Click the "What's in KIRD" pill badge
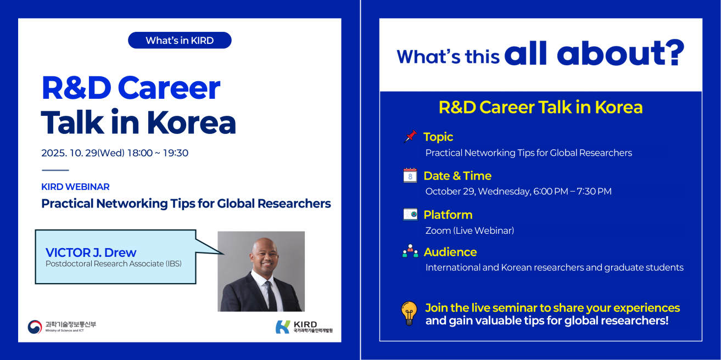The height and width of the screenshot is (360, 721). tap(180, 40)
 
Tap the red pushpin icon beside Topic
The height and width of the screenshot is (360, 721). tap(410, 137)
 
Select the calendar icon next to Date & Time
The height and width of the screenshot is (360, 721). tap(410, 175)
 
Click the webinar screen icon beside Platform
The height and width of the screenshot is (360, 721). tap(410, 214)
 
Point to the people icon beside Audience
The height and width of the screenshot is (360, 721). tap(410, 251)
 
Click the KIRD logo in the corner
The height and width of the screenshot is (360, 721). tap(304, 327)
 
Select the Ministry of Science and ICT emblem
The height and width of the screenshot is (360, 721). tap(35, 327)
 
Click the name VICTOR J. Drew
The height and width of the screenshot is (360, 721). tap(91, 252)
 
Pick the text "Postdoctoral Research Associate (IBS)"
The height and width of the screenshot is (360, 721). tap(114, 264)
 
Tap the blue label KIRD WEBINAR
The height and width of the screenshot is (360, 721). tap(75, 187)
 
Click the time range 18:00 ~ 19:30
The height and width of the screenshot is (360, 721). tap(158, 153)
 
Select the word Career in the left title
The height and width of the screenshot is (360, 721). tap(169, 88)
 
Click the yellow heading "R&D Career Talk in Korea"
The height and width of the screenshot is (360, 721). tap(540, 107)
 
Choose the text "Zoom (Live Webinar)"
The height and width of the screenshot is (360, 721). tap(470, 230)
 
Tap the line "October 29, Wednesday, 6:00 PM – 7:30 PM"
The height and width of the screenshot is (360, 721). tap(518, 192)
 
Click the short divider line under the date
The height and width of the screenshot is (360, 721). tap(55, 170)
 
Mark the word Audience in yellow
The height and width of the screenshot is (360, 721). tap(450, 252)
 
